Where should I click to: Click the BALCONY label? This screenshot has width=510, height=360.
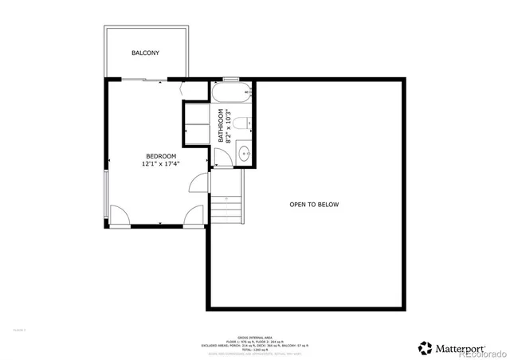click(x=145, y=53)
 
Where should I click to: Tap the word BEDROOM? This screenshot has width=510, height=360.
click(x=160, y=155)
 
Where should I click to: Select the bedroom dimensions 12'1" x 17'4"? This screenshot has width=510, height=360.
click(x=160, y=164)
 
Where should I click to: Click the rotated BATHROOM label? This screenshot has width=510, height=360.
click(x=221, y=126)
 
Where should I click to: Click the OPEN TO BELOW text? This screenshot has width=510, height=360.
click(x=314, y=205)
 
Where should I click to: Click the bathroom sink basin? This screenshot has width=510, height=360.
click(x=245, y=153)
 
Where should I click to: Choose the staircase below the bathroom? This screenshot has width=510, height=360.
click(x=226, y=209)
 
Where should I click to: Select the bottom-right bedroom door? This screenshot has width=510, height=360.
click(x=194, y=216)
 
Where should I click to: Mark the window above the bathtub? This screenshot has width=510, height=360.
click(x=231, y=79)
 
